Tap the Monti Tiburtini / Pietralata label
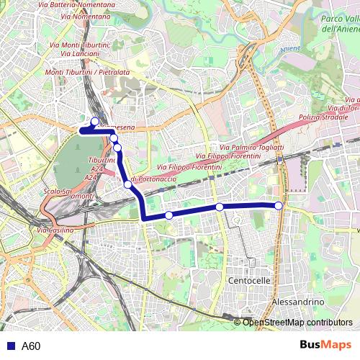[x=87, y=73]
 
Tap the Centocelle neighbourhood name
[x=248, y=279]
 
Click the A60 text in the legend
[x=31, y=346]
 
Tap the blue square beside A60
[x=9, y=346]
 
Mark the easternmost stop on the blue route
[x=279, y=206]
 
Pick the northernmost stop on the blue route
[x=95, y=121]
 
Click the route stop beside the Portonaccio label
[x=128, y=184]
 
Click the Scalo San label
[x=57, y=192]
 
